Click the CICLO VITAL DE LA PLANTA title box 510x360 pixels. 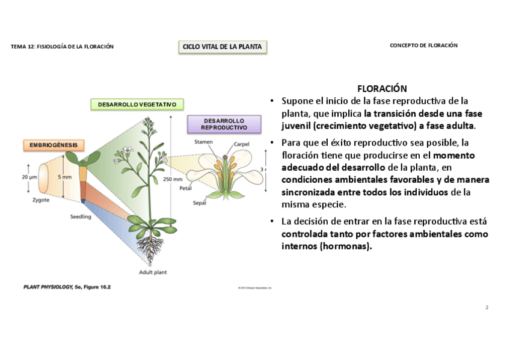(223, 47)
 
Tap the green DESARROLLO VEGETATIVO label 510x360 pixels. (137, 105)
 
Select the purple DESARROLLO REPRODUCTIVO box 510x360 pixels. (224, 124)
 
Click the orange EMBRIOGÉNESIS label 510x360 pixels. (54, 145)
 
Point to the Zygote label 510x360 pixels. (41, 200)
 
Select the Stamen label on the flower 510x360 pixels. (203, 142)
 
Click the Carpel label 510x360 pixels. (241, 144)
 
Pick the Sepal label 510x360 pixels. (200, 203)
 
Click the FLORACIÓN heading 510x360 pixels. (382, 88)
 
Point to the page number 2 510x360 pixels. (487, 308)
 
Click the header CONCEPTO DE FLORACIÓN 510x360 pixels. (423, 46)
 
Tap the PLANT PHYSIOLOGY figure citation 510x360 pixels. (67, 287)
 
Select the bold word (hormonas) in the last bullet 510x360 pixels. (346, 246)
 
